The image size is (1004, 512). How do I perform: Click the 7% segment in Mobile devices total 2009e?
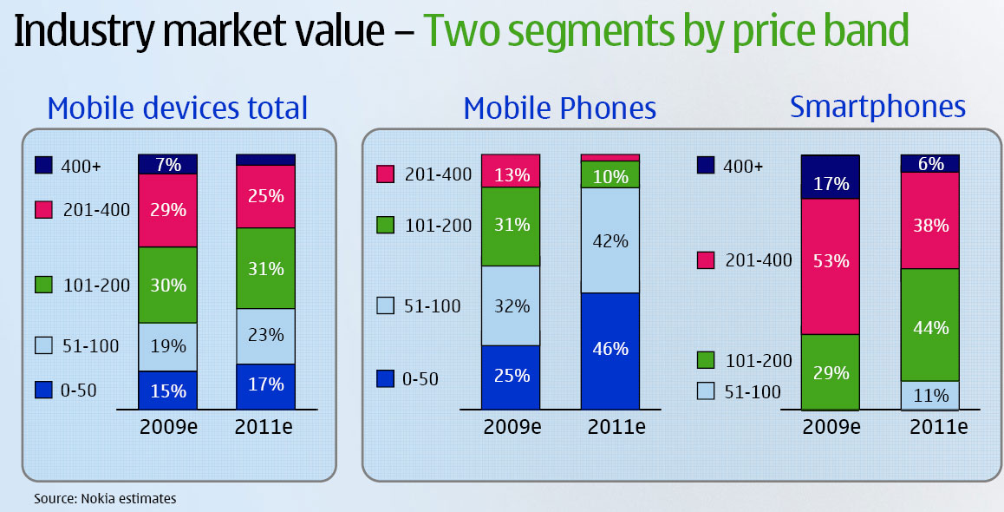(x=167, y=164)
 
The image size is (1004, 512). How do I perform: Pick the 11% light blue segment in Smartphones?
(x=929, y=395)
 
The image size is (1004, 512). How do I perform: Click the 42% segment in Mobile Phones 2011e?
(x=610, y=240)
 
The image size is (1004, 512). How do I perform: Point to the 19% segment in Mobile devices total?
(x=167, y=346)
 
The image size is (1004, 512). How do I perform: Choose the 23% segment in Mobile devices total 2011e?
(x=265, y=336)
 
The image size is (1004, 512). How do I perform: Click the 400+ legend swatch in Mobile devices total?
(x=45, y=165)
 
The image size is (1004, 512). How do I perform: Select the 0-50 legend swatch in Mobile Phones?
(x=386, y=378)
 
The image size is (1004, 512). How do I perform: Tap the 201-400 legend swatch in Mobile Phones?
(x=386, y=174)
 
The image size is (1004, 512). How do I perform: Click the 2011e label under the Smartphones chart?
(x=929, y=428)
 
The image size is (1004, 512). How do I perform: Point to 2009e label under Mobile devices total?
(x=168, y=426)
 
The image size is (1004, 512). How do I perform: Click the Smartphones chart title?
(x=877, y=106)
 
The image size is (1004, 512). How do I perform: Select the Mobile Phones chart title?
(x=559, y=108)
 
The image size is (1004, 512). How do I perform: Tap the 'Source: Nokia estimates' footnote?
(x=105, y=498)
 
